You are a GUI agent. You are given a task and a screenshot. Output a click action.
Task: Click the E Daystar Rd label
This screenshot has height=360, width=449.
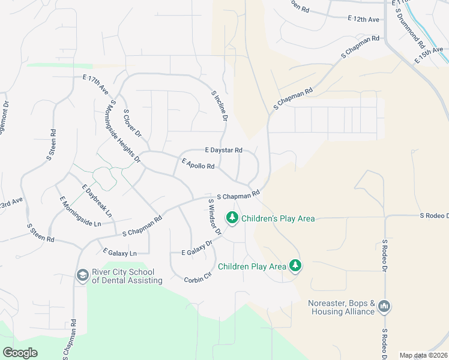pyautogui.click(x=223, y=149)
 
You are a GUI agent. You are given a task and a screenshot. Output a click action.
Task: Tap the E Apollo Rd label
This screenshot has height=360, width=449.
pyautogui.click(x=198, y=163)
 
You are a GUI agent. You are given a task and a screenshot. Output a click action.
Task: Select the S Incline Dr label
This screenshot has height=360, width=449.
pyautogui.click(x=220, y=106)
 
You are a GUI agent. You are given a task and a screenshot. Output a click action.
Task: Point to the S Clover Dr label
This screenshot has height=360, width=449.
pyautogui.click(x=131, y=122)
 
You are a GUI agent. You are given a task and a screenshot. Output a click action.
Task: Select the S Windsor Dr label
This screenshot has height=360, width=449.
pyautogui.click(x=215, y=217)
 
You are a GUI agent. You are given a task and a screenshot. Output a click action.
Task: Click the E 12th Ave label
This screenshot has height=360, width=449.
pyautogui.click(x=364, y=20)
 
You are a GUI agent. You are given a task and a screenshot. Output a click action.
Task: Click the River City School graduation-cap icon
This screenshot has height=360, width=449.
pyautogui.click(x=82, y=275)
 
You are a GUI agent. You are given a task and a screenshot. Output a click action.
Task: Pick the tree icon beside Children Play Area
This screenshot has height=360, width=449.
pyautogui.click(x=295, y=265)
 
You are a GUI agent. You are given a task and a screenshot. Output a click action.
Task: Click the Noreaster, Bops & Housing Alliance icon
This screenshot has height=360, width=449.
pyautogui.click(x=384, y=307)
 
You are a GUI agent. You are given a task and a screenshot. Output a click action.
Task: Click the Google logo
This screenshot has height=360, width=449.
pyautogui.click(x=20, y=353)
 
